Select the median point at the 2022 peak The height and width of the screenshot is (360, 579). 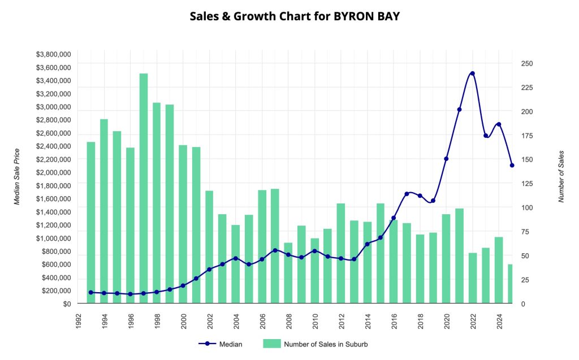473,73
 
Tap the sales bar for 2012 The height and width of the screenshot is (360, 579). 341,253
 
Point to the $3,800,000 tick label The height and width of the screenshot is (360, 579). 53,55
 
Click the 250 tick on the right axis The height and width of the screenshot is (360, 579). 527,64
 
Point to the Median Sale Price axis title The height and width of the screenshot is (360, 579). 17,176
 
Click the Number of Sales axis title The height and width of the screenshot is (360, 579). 561,176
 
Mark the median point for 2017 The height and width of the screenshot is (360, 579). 407,194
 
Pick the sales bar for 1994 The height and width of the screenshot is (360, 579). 104,211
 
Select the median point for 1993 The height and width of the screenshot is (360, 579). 91,292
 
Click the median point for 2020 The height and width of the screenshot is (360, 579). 446,159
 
